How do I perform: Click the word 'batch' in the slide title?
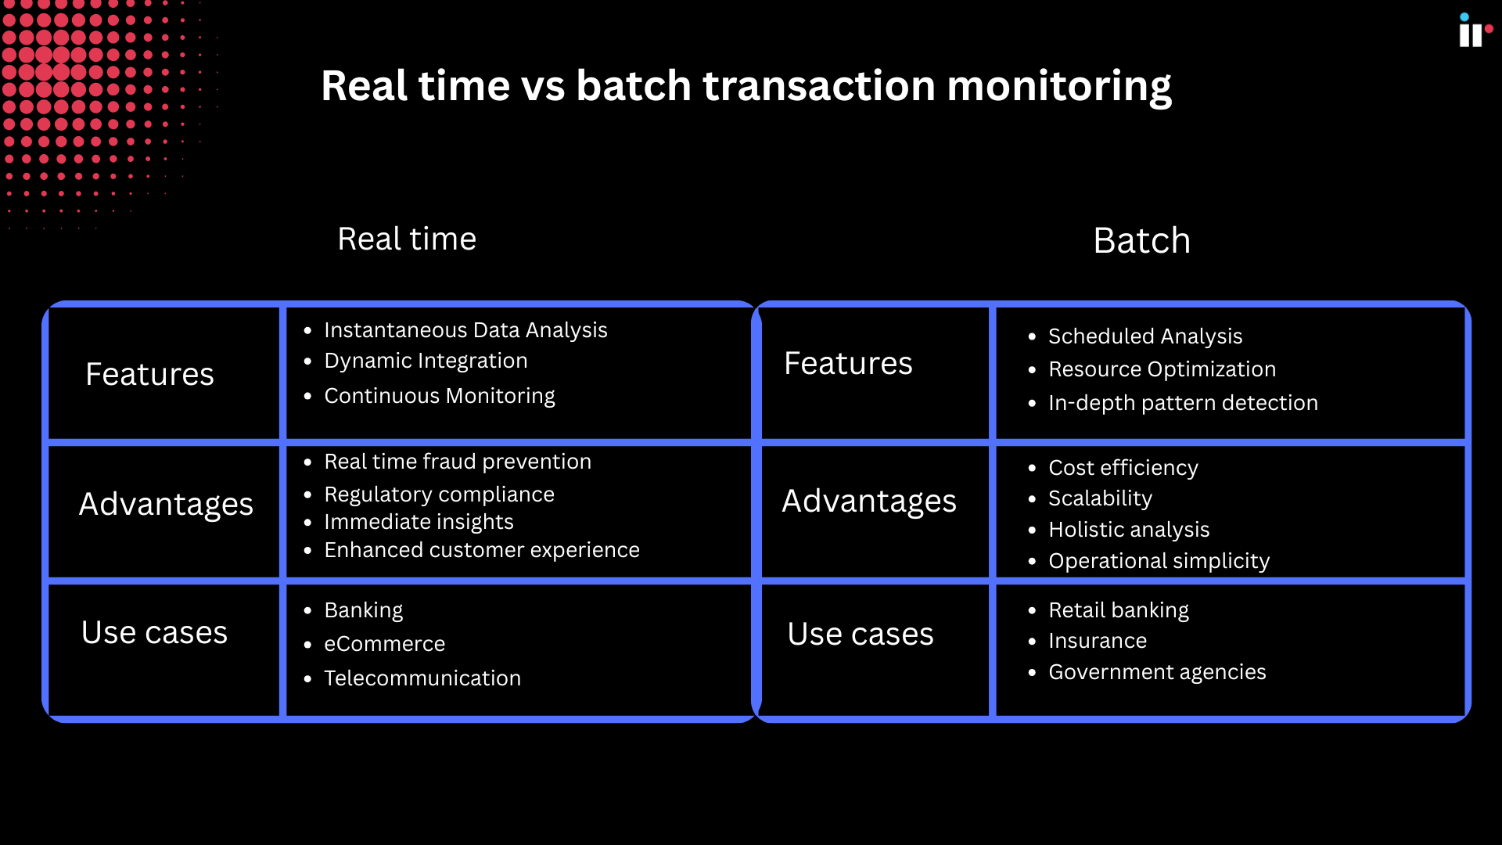[x=634, y=85]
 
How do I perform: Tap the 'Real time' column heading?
[x=407, y=239]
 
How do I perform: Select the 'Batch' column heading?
[x=1141, y=240]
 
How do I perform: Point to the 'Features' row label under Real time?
[x=149, y=374]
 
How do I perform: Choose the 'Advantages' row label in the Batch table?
[x=869, y=501]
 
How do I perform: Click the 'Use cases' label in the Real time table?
[x=154, y=632]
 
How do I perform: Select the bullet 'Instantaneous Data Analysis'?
[x=465, y=330]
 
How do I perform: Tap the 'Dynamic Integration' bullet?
[x=426, y=361]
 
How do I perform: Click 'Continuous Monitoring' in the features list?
[x=440, y=396]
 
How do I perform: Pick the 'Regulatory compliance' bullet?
[x=439, y=494]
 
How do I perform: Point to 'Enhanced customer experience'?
[x=482, y=550]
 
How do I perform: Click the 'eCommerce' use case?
[x=384, y=644]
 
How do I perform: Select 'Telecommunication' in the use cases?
[x=422, y=678]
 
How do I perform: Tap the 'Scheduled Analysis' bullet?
[x=1144, y=336]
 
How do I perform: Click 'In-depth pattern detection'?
[x=1183, y=403]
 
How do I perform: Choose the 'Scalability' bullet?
[x=1100, y=498]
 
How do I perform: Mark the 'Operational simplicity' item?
[x=1159, y=561]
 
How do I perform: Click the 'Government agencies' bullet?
[x=1157, y=672]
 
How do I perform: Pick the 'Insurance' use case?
[x=1098, y=641]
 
